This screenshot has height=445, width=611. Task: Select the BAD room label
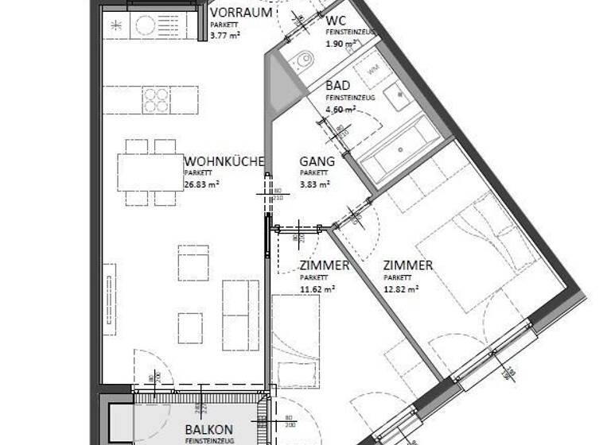click(x=338, y=85)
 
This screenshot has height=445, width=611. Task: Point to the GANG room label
click(x=317, y=161)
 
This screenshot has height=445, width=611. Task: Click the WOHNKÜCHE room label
click(x=224, y=161)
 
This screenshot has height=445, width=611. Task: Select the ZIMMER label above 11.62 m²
click(x=324, y=265)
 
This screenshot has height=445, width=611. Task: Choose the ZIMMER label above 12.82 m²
click(x=407, y=265)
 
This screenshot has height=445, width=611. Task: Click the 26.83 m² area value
click(x=201, y=184)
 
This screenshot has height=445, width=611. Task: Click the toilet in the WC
click(x=303, y=60)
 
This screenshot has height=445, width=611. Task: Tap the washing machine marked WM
click(x=372, y=70)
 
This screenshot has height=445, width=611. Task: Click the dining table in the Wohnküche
click(x=147, y=172)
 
